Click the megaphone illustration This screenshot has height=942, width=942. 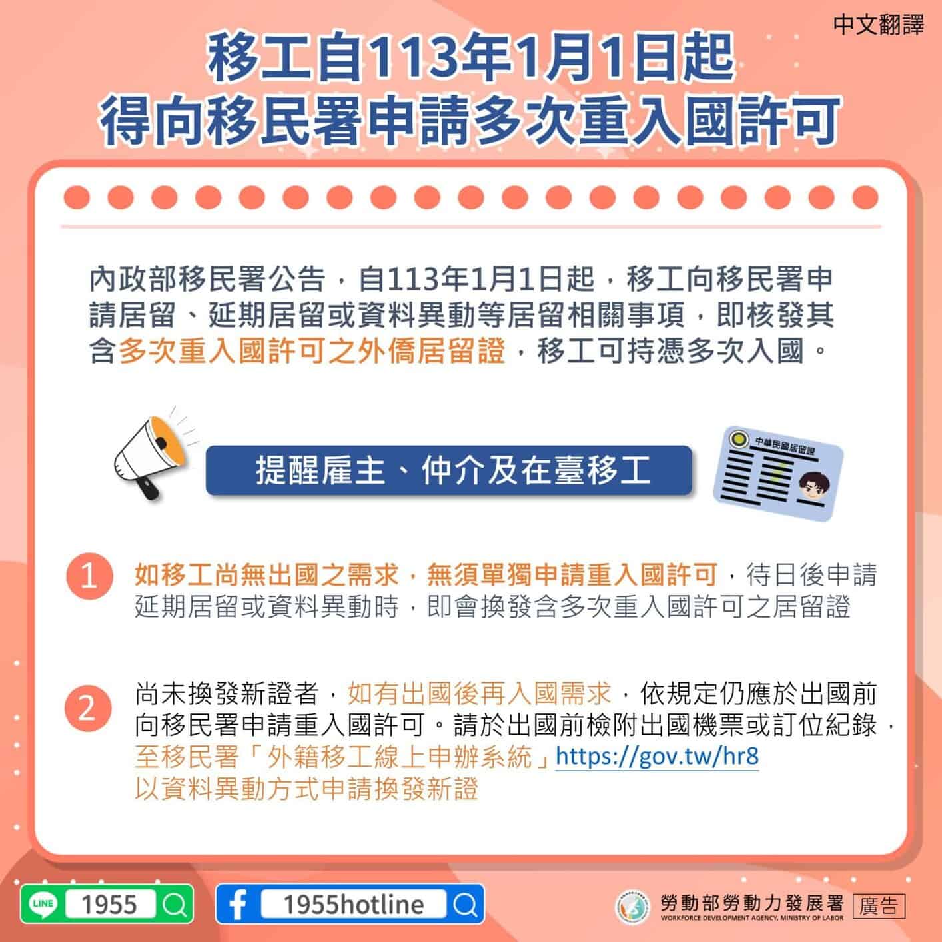151,457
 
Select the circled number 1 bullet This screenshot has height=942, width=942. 89,576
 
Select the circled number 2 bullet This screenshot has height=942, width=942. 88,708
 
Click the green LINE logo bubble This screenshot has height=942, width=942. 43,904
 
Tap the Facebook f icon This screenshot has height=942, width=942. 238,904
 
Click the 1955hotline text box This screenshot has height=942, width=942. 354,904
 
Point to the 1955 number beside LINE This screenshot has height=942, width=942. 109,904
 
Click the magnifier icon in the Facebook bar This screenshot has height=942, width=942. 466,904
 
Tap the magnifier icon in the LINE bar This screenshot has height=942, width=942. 175,904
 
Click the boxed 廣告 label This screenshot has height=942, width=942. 879,906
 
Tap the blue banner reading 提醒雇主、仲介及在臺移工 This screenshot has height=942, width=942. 449,470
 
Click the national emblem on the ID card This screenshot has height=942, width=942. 739,438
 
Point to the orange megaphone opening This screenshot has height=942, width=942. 169,440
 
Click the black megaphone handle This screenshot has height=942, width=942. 147,488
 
